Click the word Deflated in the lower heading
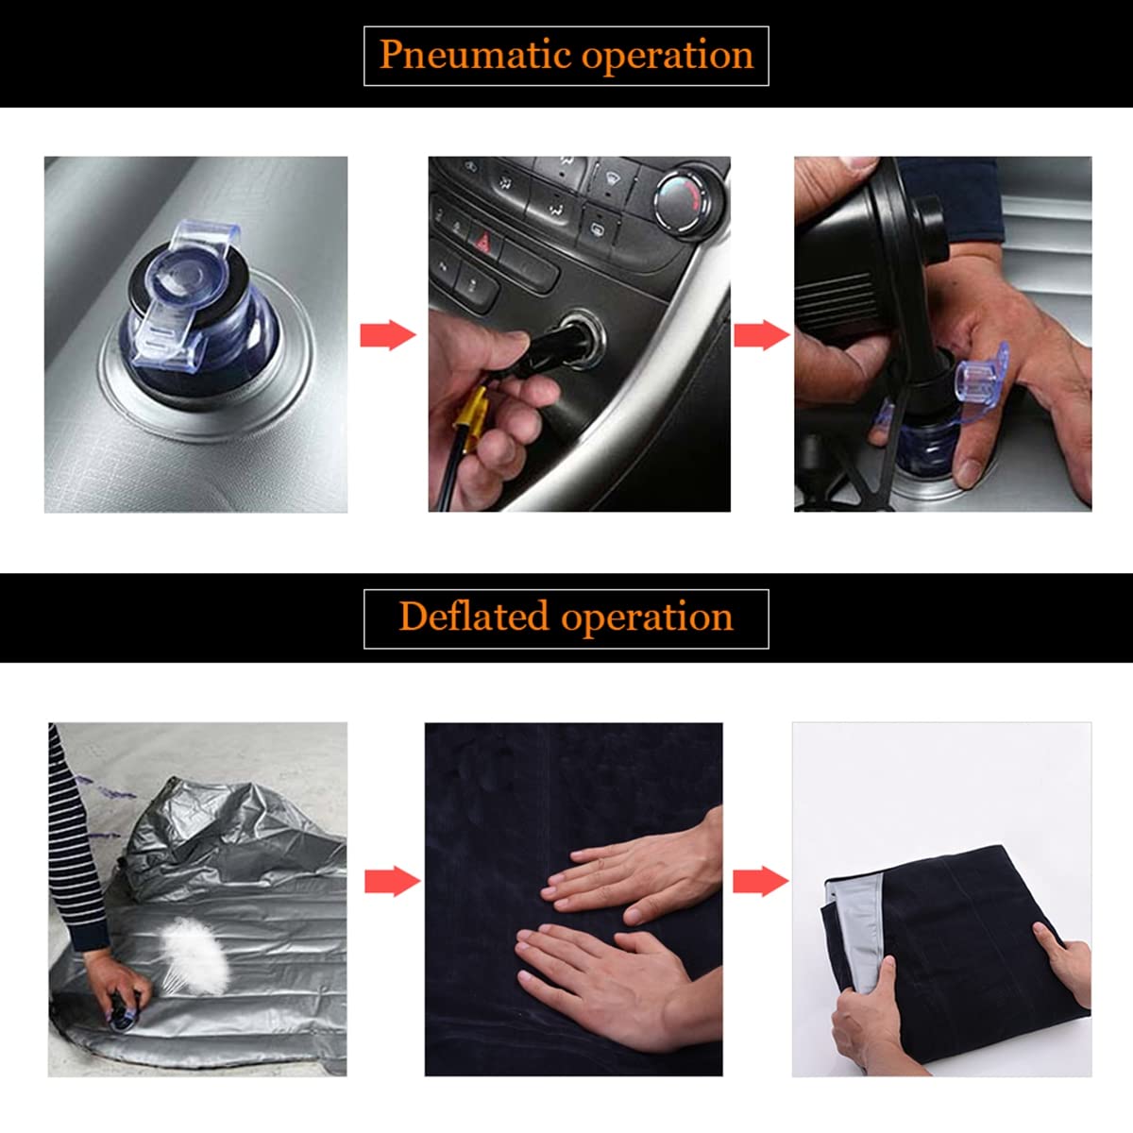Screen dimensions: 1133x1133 click(474, 617)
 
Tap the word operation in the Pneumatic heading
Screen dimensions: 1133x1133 click(668, 58)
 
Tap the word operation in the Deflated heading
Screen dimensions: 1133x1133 click(648, 619)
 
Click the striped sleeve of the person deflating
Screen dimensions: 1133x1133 click(74, 841)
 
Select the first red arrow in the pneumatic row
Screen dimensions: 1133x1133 click(388, 335)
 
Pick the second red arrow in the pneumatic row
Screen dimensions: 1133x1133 click(762, 335)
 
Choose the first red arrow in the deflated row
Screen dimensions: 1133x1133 click(392, 881)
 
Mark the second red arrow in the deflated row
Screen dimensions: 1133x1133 click(761, 881)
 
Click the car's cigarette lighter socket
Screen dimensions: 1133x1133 click(579, 339)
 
